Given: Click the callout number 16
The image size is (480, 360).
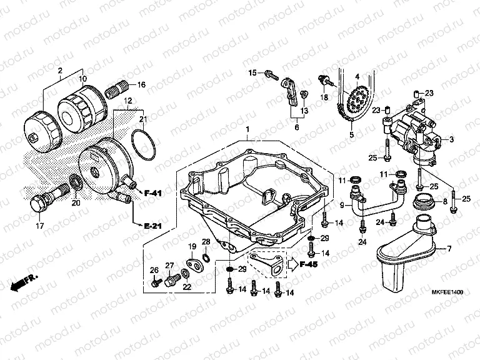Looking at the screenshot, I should tap(141, 84).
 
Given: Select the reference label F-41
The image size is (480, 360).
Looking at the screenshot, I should tap(152, 193).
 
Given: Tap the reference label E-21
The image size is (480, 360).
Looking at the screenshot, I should tap(152, 224).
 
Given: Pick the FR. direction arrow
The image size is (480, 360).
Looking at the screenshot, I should tap(24, 282).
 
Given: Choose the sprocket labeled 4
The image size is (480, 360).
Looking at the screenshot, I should tap(357, 100).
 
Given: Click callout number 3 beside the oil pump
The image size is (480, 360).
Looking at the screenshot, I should tap(451, 139).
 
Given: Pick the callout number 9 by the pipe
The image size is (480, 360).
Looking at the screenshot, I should tap(342, 205).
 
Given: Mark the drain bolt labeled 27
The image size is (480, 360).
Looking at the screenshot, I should tap(171, 279).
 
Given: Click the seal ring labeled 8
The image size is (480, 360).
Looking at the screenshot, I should tap(424, 202).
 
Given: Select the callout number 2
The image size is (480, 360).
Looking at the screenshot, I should tap(61, 70).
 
